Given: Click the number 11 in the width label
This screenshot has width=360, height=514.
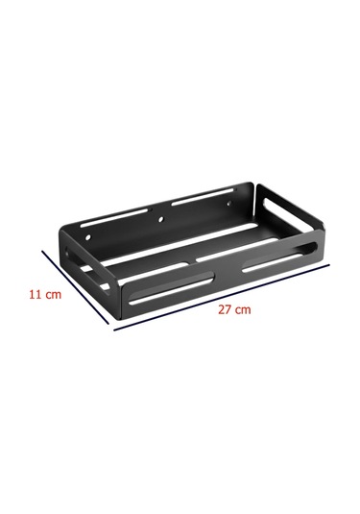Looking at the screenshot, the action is [x=35, y=294].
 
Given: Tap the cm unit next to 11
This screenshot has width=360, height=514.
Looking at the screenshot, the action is [x=53, y=295].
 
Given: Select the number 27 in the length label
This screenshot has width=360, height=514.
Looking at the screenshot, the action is [x=225, y=309].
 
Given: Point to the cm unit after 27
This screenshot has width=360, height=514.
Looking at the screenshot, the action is [x=243, y=310].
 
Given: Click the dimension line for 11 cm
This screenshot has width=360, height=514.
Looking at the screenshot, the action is [x=75, y=287].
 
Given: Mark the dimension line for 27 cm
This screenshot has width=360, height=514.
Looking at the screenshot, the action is [x=222, y=297].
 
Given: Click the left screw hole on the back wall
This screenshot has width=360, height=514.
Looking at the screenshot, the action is [x=88, y=236].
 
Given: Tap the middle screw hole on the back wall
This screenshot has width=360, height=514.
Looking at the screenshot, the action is [x=160, y=220].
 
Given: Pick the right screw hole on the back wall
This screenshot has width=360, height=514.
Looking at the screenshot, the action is [x=229, y=205].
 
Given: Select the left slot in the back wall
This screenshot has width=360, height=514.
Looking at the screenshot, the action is [x=116, y=217].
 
